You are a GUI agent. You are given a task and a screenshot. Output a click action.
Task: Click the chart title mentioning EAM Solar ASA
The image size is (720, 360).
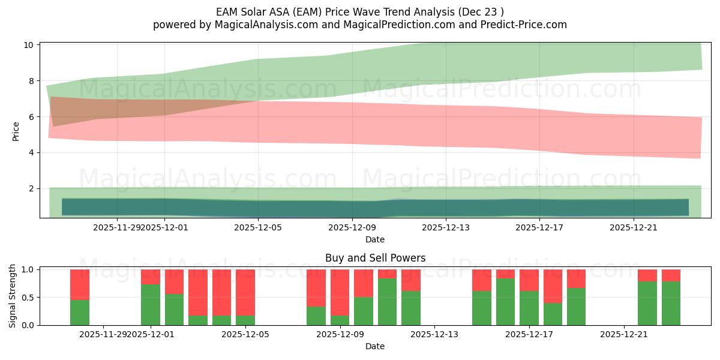360,11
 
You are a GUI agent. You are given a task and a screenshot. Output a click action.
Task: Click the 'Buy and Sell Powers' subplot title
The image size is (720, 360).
375,258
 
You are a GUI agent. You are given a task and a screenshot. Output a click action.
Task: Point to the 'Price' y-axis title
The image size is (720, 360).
16,131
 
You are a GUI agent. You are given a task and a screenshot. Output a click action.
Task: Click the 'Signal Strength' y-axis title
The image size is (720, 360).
13,296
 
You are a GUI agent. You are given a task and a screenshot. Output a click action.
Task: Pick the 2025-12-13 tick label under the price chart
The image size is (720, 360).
446,227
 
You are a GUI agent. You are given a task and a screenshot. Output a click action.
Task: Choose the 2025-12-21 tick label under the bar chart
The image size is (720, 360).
625,334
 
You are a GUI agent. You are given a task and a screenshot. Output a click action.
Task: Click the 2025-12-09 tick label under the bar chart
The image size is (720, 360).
340,334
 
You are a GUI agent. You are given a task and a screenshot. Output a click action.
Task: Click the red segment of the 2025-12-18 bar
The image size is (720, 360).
553,286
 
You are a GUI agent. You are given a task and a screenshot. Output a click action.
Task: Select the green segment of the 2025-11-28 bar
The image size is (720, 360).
80,313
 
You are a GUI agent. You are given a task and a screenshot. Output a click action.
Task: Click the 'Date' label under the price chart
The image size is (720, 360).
375,239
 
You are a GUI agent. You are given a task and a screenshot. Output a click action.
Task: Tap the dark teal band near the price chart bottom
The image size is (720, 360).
375,208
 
